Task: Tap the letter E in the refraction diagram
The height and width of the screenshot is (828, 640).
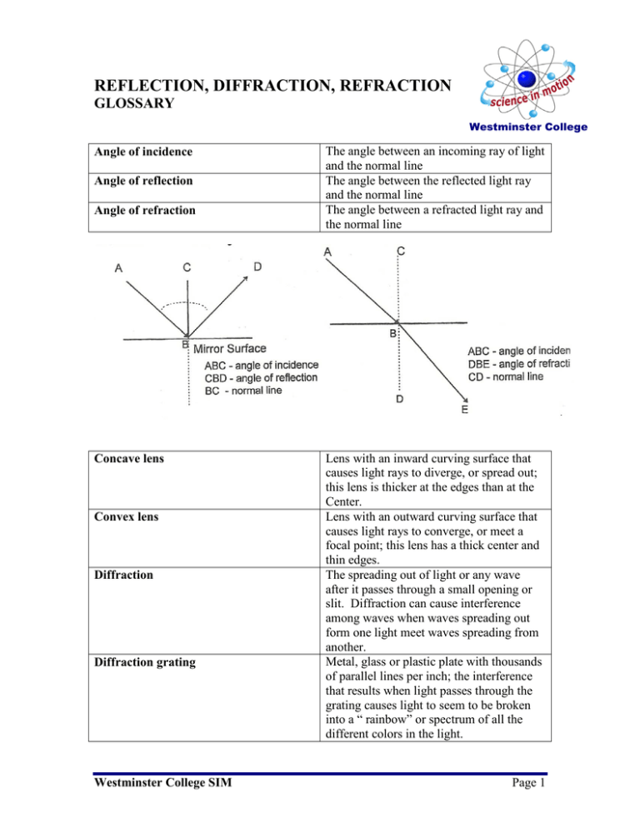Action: [464, 409]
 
